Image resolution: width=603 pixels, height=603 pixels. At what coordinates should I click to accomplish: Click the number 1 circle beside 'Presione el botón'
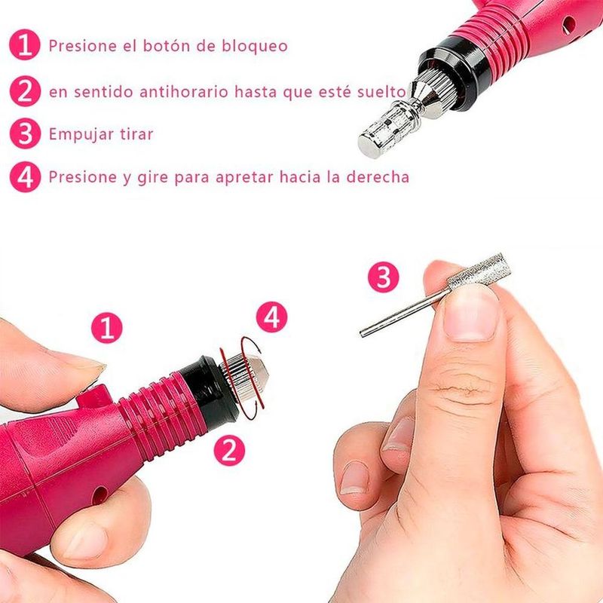[25, 45]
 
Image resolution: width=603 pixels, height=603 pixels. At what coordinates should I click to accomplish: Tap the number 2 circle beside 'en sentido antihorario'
[25, 91]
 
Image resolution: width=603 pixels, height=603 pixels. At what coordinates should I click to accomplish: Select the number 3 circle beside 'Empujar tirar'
[25, 133]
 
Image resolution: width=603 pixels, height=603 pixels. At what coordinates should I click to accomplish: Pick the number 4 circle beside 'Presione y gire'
[25, 177]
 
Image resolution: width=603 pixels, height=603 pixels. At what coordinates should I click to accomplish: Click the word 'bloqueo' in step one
[254, 46]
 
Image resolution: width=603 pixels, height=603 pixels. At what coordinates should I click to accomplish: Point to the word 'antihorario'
[184, 92]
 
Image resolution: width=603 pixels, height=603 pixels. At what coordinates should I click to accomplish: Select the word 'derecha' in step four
[378, 177]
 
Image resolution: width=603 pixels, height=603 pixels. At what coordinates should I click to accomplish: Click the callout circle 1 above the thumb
[107, 328]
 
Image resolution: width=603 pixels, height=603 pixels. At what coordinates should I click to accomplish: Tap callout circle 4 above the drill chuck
[272, 317]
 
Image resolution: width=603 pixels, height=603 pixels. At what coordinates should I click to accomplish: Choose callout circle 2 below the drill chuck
[229, 450]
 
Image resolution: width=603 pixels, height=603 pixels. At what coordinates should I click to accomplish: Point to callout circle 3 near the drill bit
[384, 277]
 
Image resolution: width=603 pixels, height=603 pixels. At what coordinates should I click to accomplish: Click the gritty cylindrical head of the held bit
[479, 272]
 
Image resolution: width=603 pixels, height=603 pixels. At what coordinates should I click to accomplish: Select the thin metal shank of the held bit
[404, 314]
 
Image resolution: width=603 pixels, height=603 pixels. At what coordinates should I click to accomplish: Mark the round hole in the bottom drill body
[99, 496]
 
